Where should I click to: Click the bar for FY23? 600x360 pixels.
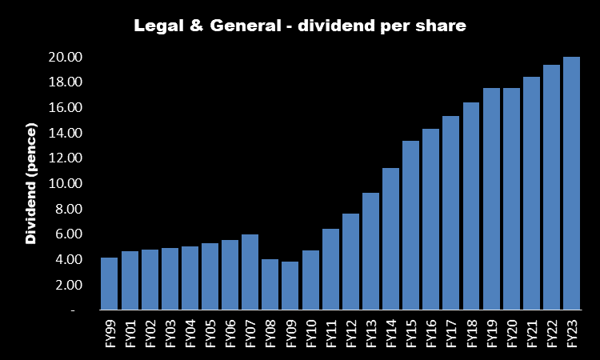(571, 183)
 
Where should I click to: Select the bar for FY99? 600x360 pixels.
(109, 283)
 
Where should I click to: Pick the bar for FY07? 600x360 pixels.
(250, 272)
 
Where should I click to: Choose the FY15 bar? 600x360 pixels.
(410, 225)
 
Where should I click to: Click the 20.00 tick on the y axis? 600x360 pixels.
(66, 57)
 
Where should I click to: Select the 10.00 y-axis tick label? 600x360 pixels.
(66, 183)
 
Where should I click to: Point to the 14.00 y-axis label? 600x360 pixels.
(66, 133)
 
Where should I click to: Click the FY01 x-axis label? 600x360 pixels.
(130, 331)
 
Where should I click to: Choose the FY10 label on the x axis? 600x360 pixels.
(310, 331)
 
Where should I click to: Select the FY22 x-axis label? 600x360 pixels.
(552, 331)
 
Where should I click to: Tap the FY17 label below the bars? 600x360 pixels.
(451, 331)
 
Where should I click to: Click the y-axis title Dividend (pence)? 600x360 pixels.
(31, 183)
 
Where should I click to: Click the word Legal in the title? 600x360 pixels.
(156, 26)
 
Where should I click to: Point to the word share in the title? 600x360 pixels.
(442, 26)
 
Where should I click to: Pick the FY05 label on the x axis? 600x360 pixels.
(210, 331)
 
